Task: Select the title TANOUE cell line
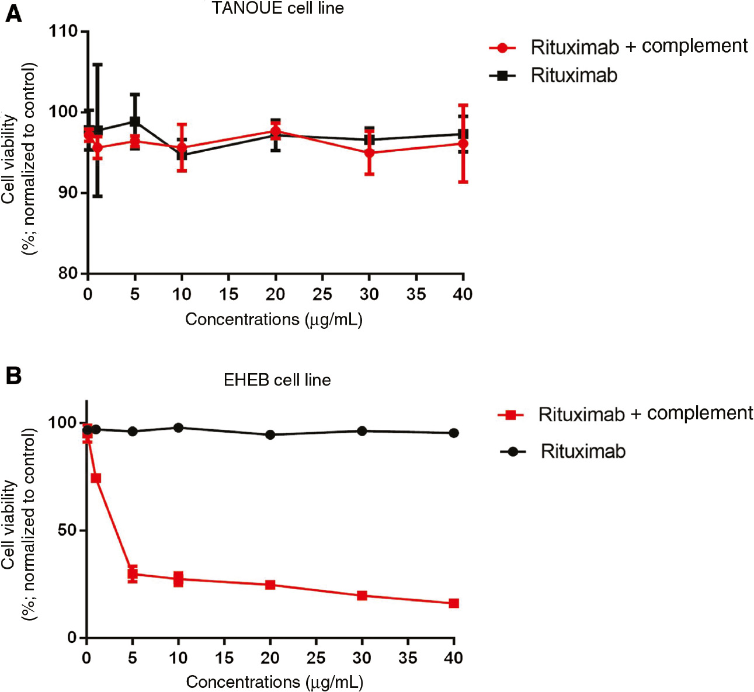pos(277,9)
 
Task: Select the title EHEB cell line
pos(277,380)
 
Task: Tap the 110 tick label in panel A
pos(64,31)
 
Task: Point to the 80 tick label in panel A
pos(69,273)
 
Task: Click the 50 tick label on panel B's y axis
pos(68,530)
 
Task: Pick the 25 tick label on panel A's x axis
pos(322,294)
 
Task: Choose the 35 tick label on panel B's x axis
pos(408,658)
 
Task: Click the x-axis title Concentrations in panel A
pos(274,319)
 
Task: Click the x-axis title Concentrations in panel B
pos(275,681)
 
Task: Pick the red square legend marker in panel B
pos(510,415)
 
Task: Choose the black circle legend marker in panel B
pos(513,452)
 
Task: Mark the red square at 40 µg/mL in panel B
pos(454,603)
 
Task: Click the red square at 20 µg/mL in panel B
pos(270,585)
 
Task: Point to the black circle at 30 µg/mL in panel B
pos(362,431)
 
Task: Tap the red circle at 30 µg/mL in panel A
pos(369,153)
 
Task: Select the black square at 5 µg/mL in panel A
pos(135,121)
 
